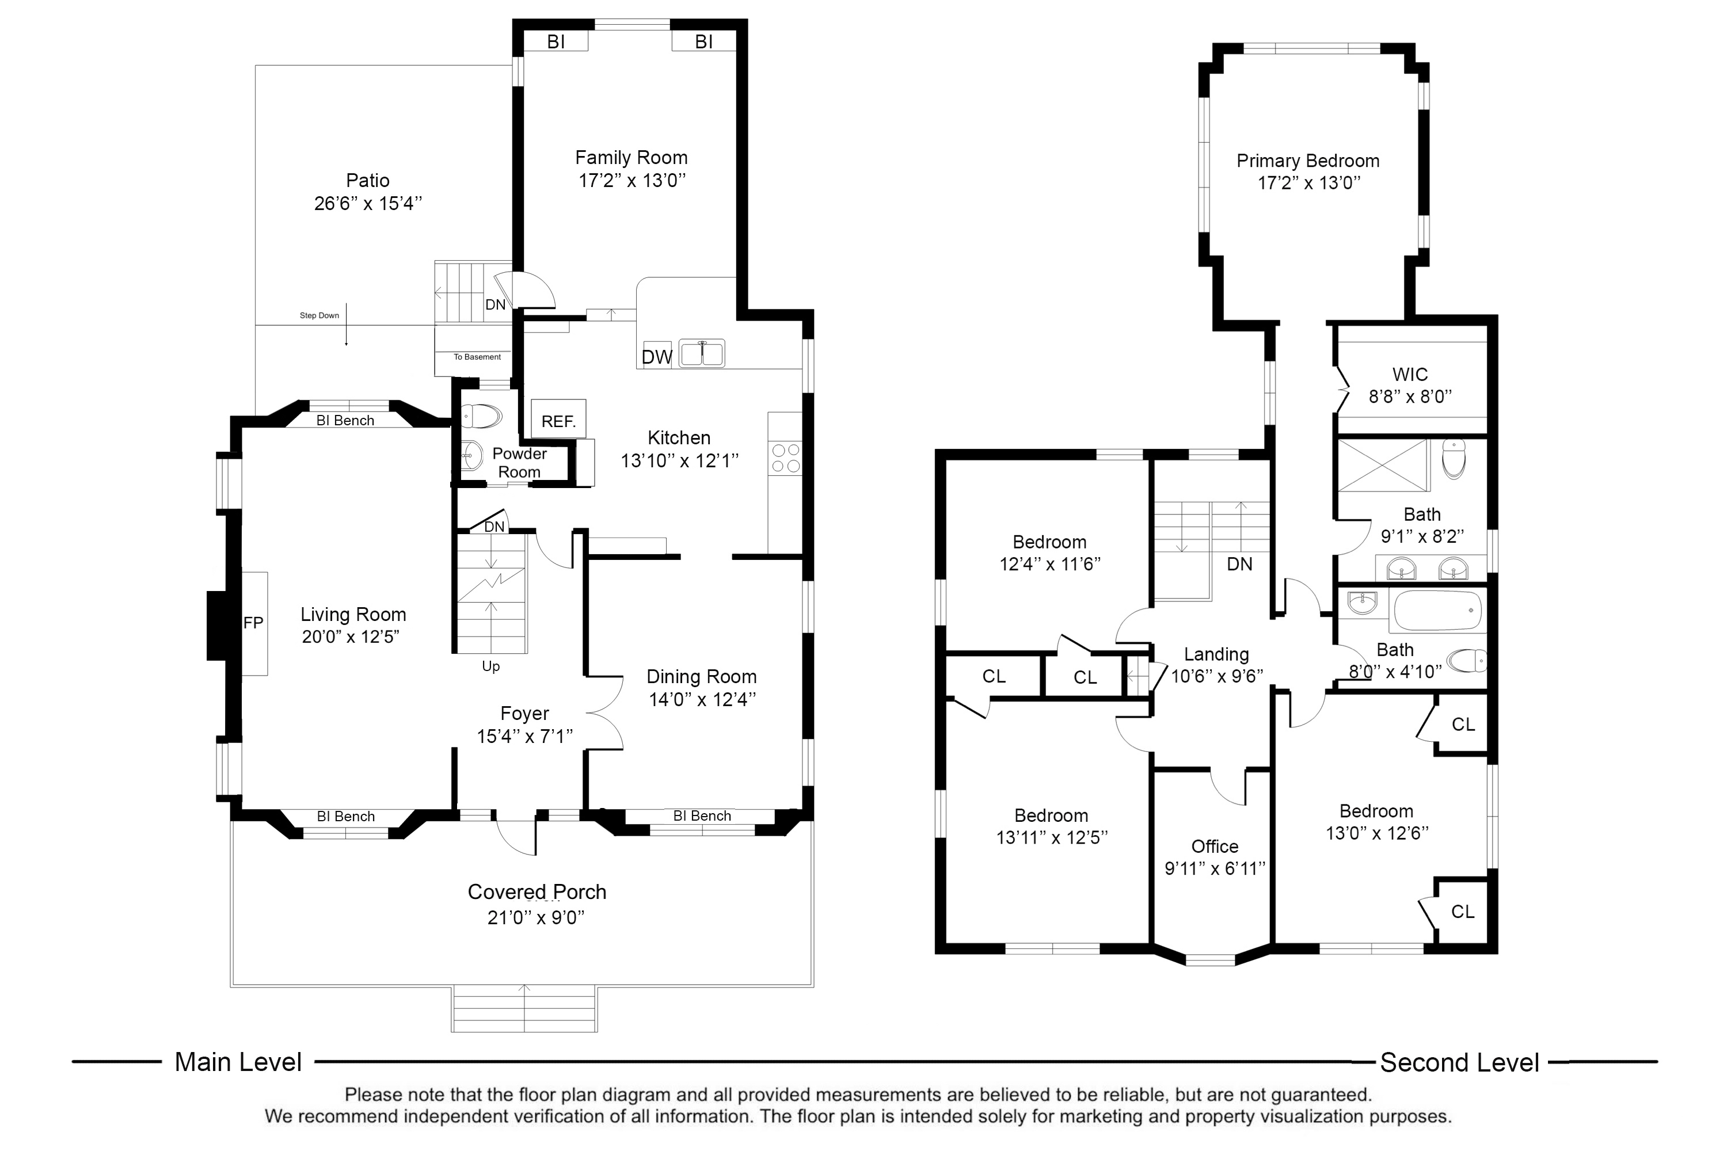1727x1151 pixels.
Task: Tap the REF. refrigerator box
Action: (x=558, y=418)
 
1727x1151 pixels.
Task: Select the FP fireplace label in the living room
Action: (x=253, y=623)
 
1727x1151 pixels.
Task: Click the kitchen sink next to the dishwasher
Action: (x=701, y=353)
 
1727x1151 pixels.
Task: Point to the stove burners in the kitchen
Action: (x=786, y=458)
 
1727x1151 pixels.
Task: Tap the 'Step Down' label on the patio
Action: (x=319, y=315)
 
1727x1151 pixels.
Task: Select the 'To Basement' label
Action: (x=477, y=357)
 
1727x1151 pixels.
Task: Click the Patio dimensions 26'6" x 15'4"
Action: (x=368, y=203)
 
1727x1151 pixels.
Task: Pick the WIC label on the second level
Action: (x=1410, y=375)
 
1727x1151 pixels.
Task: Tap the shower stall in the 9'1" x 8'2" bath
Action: (x=1383, y=466)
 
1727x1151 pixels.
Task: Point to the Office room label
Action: (x=1215, y=847)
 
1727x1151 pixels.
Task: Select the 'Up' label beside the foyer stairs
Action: (x=490, y=666)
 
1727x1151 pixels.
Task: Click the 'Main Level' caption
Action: (x=238, y=1062)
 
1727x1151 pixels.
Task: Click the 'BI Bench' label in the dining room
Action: (x=702, y=816)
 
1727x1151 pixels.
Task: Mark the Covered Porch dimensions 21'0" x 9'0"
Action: (x=536, y=917)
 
